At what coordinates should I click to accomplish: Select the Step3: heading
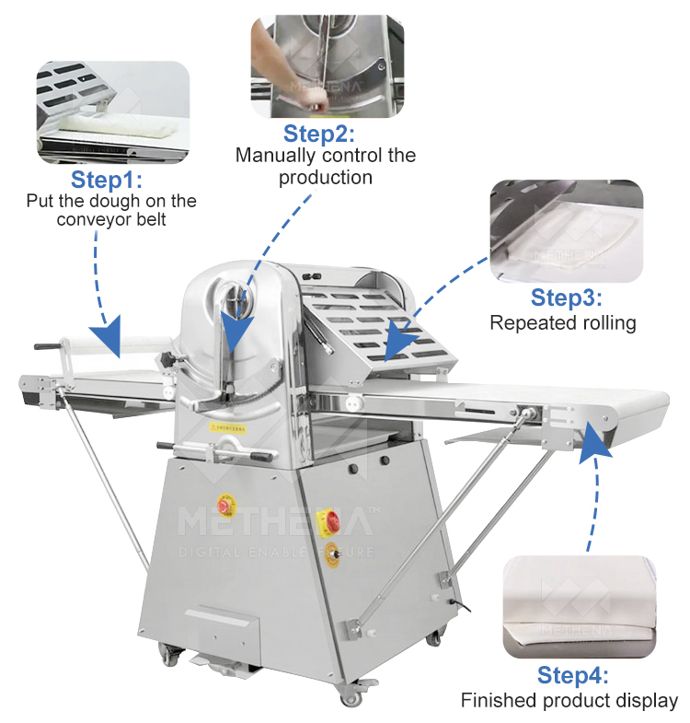567,297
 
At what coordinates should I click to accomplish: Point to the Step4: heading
572,675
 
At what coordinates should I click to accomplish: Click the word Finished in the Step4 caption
495,700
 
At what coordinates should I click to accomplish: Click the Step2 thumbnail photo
328,66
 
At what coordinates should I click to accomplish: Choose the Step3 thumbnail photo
566,230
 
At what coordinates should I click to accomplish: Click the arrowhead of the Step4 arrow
593,441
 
